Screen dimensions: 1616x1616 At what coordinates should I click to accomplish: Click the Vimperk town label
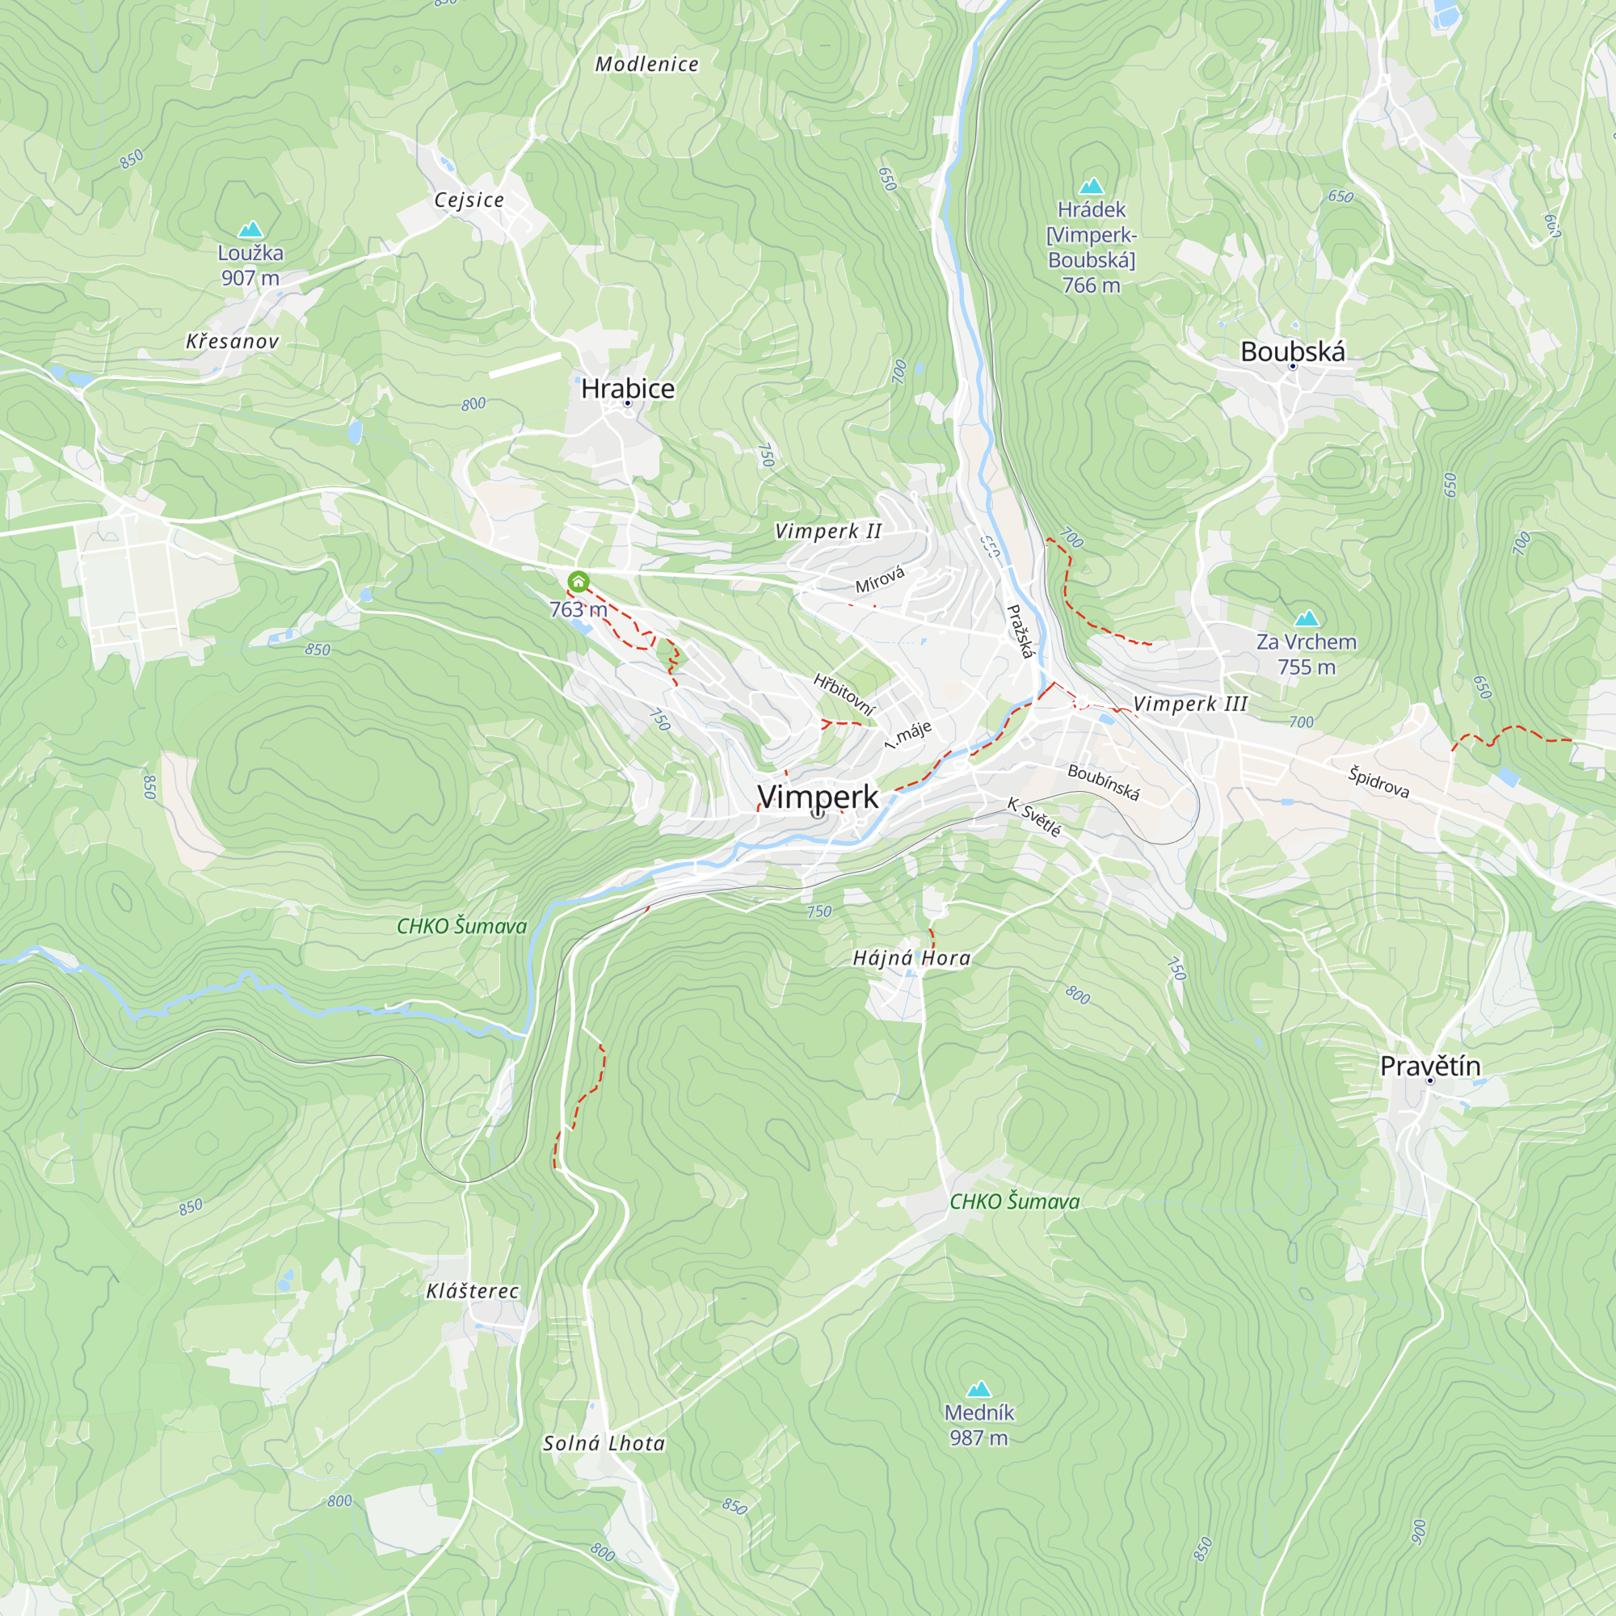(817, 797)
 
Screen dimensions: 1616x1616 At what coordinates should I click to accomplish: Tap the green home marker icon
(578, 581)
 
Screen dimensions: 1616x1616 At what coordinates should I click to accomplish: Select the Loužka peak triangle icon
(250, 229)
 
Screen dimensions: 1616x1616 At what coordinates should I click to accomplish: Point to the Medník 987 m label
(978, 1425)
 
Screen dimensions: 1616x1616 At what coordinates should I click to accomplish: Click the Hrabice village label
(627, 388)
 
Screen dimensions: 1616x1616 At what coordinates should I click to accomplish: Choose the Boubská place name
(1292, 351)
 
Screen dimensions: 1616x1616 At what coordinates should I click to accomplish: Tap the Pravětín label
(1429, 1066)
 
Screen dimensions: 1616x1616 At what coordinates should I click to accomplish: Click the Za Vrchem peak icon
(1307, 618)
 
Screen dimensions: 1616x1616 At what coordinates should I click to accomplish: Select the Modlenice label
(646, 65)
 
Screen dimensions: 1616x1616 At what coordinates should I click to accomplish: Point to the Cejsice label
(469, 200)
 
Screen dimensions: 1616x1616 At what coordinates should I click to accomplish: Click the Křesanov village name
(233, 341)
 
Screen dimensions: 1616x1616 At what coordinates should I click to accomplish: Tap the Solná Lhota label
(604, 1443)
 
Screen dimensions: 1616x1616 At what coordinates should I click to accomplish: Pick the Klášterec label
(473, 1290)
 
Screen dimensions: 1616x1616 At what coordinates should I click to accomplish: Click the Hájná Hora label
(911, 957)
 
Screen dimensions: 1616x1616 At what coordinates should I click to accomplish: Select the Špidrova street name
(1378, 782)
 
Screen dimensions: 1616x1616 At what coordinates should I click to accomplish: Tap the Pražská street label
(1021, 632)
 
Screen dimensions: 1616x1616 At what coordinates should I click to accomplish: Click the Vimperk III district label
(1190, 704)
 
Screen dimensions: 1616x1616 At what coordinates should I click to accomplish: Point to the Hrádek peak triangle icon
(1092, 186)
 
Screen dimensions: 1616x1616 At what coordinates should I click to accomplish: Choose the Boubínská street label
(1103, 782)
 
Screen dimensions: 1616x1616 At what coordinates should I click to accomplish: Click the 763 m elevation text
(578, 609)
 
